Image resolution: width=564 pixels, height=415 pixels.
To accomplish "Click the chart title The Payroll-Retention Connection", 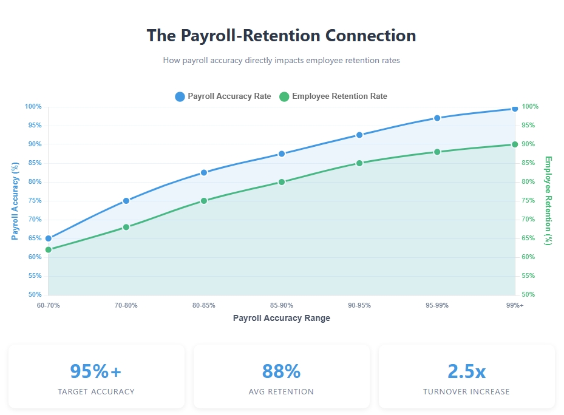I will pos(281,35).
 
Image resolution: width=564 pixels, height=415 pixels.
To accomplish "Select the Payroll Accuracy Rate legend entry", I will pos(222,96).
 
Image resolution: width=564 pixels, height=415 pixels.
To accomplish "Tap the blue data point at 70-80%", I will pos(126,201).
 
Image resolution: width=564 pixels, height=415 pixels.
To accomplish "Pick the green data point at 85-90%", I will pos(282,182).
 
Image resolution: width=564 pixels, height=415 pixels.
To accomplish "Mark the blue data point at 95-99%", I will pos(437,118).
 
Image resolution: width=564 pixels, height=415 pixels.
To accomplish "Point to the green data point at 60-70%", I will pos(49,249).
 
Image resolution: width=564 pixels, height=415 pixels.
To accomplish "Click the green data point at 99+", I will pos(515,144).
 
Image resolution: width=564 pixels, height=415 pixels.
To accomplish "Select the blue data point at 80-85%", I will pos(204,173).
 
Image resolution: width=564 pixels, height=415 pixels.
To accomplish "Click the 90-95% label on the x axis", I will pos(359,305).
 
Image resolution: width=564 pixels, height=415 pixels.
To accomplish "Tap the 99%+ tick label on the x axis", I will pos(514,305).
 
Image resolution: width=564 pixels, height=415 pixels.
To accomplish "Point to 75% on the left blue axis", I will pos(33,201).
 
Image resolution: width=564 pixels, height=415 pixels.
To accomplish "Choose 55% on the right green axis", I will pos(529,276).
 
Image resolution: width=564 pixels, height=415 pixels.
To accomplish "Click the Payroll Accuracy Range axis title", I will pos(282,318).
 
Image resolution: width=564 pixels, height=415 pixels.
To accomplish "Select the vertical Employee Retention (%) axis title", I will pos(548,201).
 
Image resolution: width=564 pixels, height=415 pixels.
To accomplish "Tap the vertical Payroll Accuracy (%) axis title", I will pos(15,201).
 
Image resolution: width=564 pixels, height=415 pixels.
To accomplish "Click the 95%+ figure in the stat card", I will pos(96,371).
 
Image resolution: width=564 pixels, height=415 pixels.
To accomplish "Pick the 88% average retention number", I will pos(281,371).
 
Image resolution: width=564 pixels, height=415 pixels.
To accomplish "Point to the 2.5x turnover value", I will pos(466,371).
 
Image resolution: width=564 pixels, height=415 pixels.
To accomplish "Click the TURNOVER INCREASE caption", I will pos(466,392).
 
